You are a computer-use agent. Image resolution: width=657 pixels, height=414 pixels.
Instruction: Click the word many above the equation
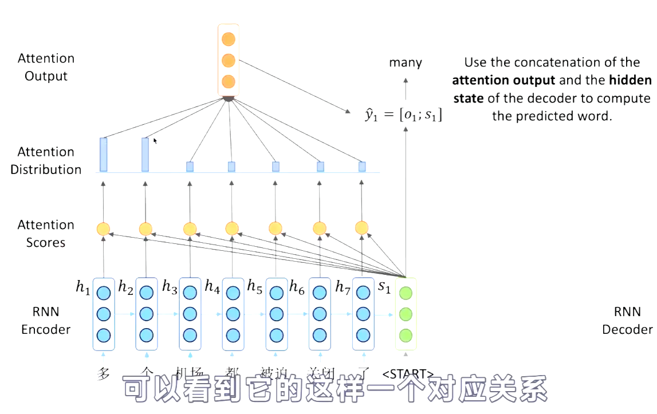coord(406,62)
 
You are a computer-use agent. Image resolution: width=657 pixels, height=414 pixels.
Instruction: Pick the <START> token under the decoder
coord(407,374)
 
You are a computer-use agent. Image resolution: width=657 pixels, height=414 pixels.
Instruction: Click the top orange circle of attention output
coord(229,40)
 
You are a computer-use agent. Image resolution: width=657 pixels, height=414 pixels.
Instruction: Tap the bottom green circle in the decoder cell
coord(406,335)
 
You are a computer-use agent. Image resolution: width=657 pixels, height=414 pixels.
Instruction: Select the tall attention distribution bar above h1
coord(103,155)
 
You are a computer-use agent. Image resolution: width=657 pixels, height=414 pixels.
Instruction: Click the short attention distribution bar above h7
coord(362,167)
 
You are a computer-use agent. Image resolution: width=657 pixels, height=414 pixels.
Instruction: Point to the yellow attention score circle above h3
coord(190,229)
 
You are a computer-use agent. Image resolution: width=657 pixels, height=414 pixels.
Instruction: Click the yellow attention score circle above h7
coord(362,228)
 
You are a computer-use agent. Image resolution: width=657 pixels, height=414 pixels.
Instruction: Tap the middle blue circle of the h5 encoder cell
coord(276,314)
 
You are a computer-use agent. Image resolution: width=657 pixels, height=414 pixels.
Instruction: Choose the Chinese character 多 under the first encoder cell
coord(104,374)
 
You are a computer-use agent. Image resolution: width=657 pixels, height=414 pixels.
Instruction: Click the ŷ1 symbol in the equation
coord(370,115)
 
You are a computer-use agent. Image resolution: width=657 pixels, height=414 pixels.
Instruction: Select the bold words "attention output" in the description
coord(503,80)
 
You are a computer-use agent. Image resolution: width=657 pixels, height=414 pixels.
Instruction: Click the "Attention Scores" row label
coord(46,234)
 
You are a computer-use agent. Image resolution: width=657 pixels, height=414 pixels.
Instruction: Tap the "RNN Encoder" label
coord(46,321)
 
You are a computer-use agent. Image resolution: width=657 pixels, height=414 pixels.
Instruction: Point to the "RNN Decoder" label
coord(627,321)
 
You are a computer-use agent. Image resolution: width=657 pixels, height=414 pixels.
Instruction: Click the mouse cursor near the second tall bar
coord(155,140)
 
